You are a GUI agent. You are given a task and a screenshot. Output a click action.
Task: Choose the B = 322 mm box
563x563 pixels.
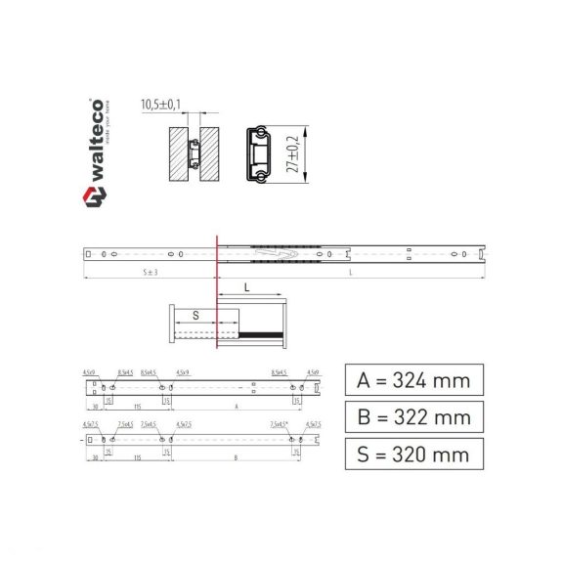click(413, 417)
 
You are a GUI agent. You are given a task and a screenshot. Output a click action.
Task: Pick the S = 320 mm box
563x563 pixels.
click(413, 454)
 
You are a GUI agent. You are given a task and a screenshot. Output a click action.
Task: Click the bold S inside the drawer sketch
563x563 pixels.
click(195, 316)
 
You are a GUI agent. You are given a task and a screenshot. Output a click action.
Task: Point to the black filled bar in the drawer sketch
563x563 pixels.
click(261, 334)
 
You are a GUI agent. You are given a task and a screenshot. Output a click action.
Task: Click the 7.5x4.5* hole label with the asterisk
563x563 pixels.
click(281, 424)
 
